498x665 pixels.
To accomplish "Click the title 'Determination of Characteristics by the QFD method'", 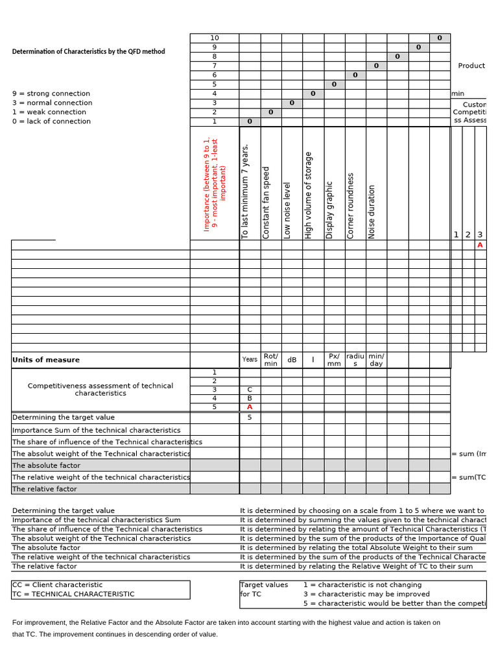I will (x=88, y=51).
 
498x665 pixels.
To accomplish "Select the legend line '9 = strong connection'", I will (x=51, y=94).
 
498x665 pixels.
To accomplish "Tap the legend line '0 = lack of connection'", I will (x=51, y=121).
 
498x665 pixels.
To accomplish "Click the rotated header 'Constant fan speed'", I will (x=266, y=203).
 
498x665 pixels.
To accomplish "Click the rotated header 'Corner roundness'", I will (x=351, y=205).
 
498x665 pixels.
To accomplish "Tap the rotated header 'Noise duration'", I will (x=372, y=212).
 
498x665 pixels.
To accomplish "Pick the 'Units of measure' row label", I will (x=46, y=360).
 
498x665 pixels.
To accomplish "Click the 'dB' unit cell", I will (x=292, y=360).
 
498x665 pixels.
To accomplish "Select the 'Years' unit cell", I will (x=250, y=360).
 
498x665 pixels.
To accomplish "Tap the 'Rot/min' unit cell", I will (x=271, y=360).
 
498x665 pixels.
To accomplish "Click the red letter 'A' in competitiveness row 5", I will (x=250, y=407).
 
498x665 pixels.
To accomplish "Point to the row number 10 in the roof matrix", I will (x=215, y=38).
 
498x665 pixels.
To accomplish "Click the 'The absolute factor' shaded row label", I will (x=46, y=466).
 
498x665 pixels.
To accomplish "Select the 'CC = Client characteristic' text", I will (x=58, y=584).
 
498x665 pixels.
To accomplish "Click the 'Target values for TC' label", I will (x=265, y=589).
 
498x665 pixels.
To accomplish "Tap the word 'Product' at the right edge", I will (x=471, y=66).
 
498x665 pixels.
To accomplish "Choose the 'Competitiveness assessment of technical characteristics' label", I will (x=101, y=389).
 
